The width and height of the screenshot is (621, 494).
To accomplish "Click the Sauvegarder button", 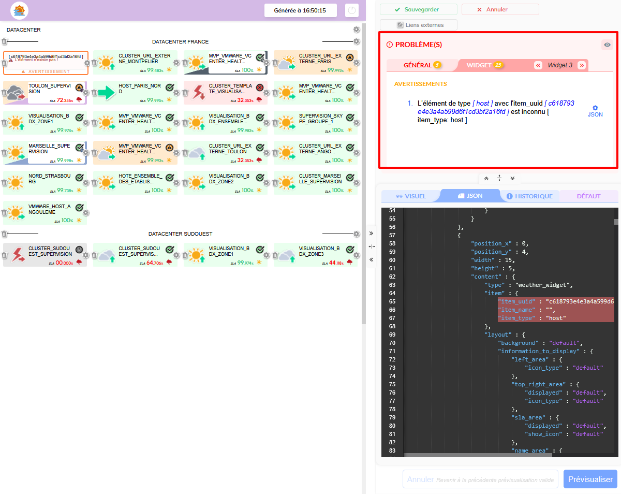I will point(418,9).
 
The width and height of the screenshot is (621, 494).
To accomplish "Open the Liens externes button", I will point(419,25).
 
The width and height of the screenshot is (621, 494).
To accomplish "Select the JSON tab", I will point(470,196).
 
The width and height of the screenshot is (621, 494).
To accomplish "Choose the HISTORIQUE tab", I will point(529,196).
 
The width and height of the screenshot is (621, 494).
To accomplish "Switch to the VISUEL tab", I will point(411,196).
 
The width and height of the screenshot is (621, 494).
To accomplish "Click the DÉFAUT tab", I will point(588,196).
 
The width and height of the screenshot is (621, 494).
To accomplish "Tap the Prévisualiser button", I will point(590,480).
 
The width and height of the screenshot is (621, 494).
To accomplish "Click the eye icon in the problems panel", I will point(607,45).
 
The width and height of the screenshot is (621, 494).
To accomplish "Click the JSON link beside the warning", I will point(595,111).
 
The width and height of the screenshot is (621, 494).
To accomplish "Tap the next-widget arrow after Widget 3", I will point(582,65).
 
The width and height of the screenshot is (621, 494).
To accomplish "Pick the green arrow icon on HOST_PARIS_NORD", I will point(106,93).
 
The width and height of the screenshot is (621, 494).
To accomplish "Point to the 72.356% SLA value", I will point(66,100).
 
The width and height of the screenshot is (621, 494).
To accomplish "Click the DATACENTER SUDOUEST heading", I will point(180,234).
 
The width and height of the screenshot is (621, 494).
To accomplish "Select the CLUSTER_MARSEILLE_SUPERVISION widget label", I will point(320,178).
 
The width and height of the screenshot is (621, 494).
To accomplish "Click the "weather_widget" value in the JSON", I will point(544,285).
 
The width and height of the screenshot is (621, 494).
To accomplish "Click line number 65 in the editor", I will point(392,301).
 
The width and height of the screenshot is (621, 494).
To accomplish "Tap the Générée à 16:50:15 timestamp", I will point(300,10).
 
